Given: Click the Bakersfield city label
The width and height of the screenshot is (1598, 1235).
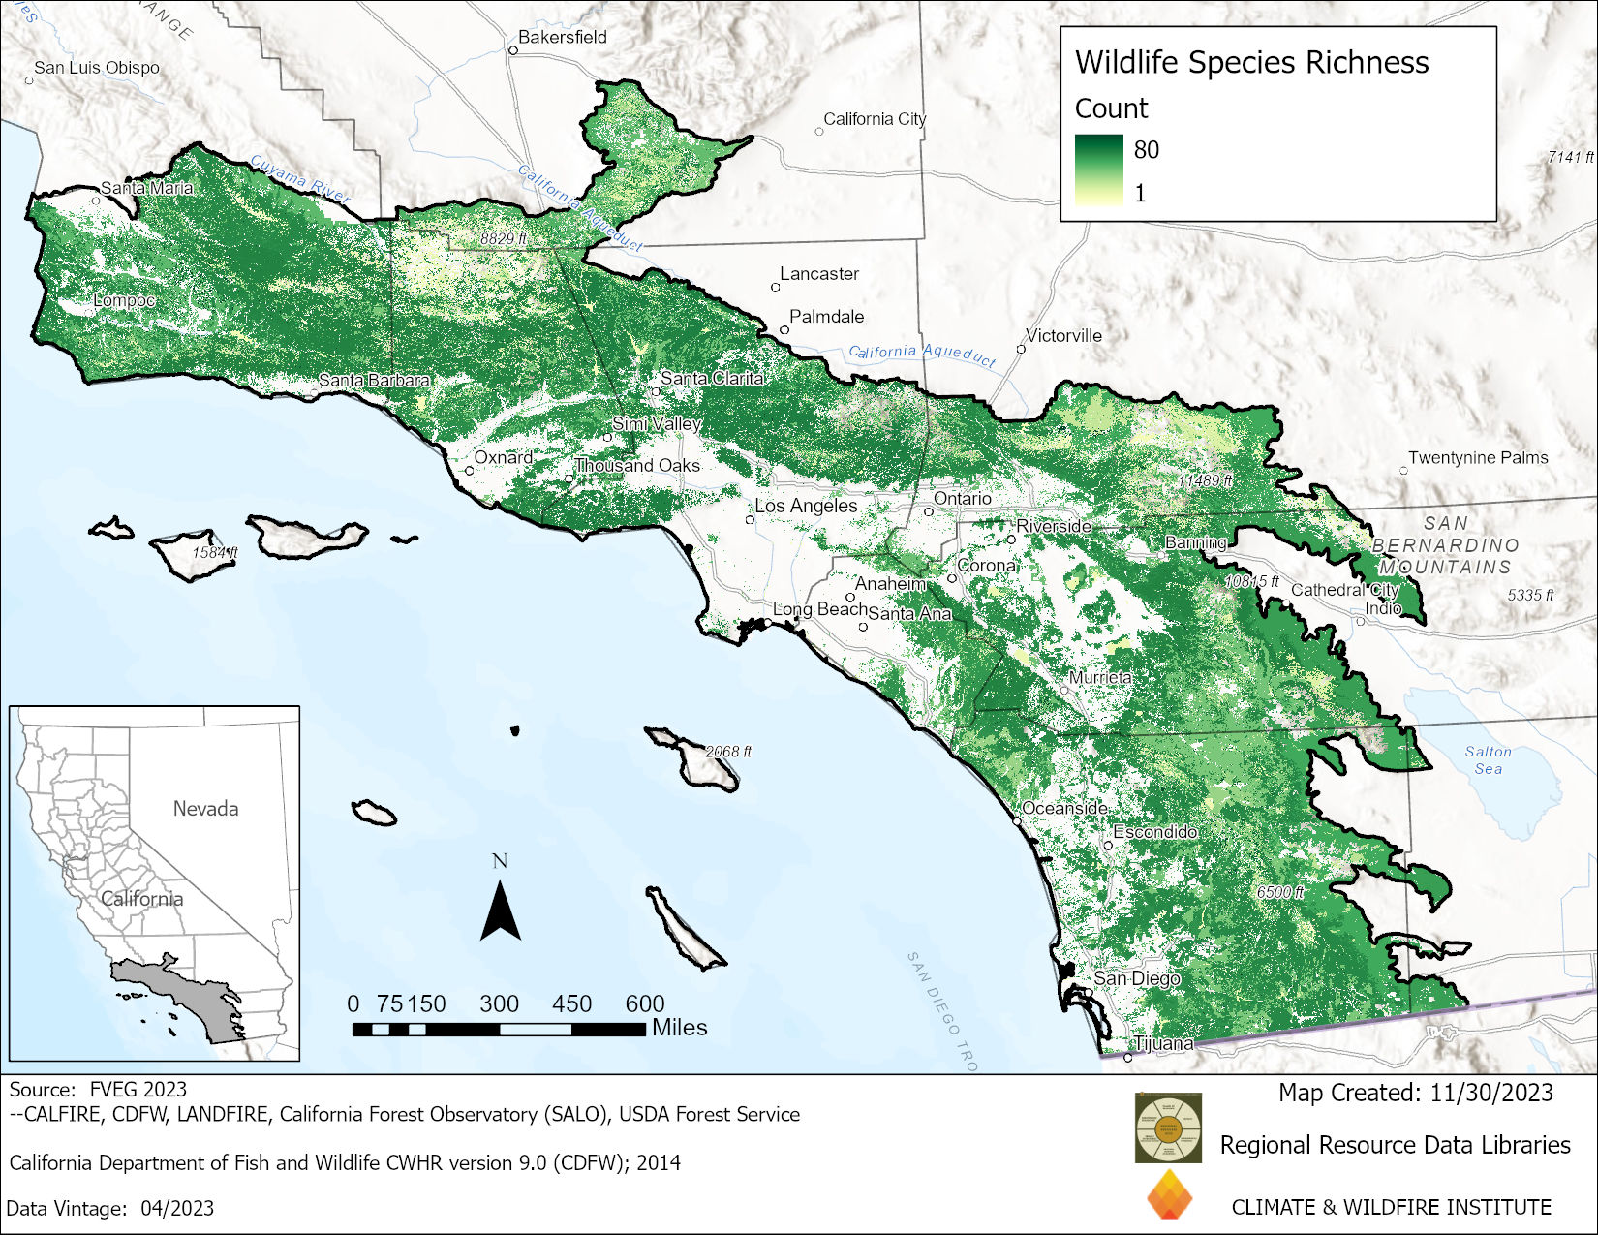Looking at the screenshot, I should click(562, 37).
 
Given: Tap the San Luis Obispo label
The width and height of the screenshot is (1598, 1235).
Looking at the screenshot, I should click(96, 68).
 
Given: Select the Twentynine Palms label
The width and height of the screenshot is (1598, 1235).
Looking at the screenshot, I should click(1477, 457).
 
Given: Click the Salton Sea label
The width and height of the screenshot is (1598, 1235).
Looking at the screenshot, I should click(1488, 759).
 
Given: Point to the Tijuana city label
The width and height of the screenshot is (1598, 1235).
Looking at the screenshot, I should click(1163, 1043).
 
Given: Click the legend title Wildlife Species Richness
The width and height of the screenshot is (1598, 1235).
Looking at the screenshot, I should click(1251, 62).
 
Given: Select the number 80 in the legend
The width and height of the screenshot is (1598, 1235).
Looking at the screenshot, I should click(1146, 149).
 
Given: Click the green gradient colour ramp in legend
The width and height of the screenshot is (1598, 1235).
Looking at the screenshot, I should click(1098, 170).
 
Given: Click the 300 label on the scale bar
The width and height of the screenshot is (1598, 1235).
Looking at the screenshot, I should click(499, 1003).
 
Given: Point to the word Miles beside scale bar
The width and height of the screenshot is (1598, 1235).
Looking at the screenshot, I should click(679, 1028).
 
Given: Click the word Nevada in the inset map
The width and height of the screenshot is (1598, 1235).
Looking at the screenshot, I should click(205, 808).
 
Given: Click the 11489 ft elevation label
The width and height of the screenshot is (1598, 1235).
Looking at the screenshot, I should click(1205, 480).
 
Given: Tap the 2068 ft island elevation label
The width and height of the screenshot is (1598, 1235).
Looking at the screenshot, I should click(728, 752).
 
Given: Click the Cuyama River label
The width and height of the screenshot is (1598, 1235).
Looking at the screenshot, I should click(298, 178).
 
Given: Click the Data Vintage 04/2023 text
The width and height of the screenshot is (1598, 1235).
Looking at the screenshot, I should click(109, 1208).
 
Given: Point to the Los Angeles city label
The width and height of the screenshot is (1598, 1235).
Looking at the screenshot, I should click(806, 506).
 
